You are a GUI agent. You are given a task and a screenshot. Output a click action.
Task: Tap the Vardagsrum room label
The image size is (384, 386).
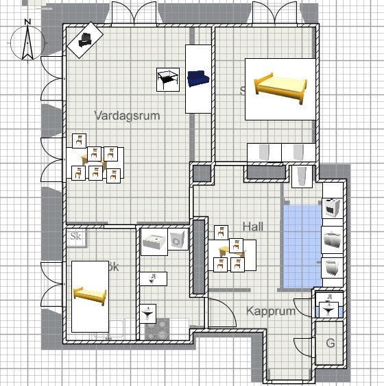point(128,116)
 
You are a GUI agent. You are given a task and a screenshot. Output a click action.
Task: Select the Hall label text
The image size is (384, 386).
point(253,227)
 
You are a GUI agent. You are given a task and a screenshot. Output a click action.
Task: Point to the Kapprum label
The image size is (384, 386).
point(271,311)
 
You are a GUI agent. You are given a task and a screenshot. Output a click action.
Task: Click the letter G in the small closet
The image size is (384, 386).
point(330,342)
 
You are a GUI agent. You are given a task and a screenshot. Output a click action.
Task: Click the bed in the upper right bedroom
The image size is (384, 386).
point(279,85)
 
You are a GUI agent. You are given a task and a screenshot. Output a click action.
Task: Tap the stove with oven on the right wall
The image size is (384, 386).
point(332,207)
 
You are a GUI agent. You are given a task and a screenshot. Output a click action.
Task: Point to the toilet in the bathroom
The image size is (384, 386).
point(154,278)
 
